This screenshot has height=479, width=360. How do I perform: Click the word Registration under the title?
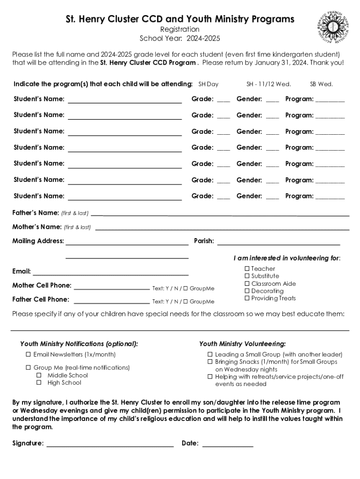pyautogui.click(x=180, y=29)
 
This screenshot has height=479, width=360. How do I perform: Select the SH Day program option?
pyautogui.click(x=209, y=84)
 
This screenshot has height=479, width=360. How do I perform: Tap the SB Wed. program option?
pyautogui.click(x=321, y=84)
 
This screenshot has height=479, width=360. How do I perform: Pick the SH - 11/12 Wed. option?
pyautogui.click(x=269, y=84)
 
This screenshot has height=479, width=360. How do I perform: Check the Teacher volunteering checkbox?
pyautogui.click(x=247, y=269)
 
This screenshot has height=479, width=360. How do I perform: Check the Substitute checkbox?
pyautogui.click(x=247, y=276)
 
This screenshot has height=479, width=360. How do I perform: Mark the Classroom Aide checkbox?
pyautogui.click(x=247, y=283)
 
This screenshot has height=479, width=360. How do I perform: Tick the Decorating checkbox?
pyautogui.click(x=247, y=291)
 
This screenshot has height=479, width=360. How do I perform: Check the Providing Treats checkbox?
pyautogui.click(x=247, y=298)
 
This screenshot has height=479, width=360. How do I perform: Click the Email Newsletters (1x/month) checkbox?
pyautogui.click(x=29, y=355)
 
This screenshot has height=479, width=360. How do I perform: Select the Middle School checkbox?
pyautogui.click(x=39, y=375)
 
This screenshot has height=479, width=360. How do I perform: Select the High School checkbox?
pyautogui.click(x=39, y=383)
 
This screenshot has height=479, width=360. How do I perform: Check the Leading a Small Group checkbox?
pyautogui.click(x=210, y=355)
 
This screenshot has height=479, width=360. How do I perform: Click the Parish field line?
pyautogui.click(x=279, y=242)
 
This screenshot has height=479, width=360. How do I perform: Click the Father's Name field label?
pyautogui.click(x=36, y=213)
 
